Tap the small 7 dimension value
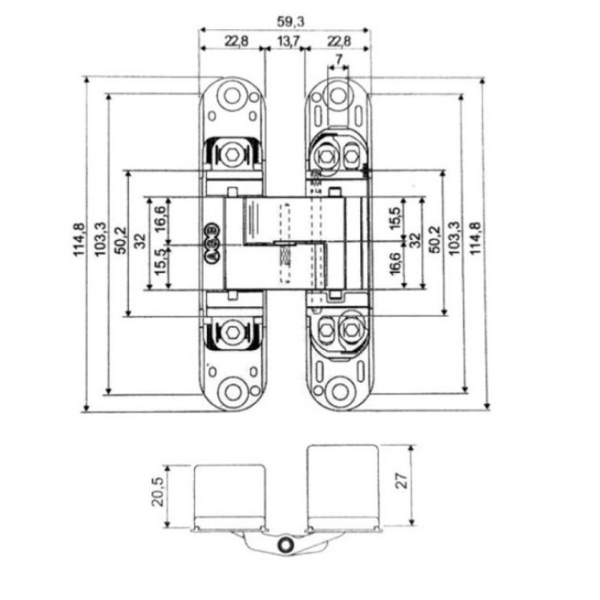[339, 59]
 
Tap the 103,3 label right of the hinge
[453, 240]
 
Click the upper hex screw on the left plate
[234, 155]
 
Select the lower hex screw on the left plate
[234, 331]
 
